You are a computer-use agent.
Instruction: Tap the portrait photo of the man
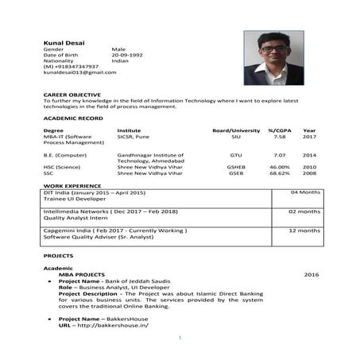click(x=273, y=57)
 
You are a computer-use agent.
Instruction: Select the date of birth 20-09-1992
click(x=126, y=54)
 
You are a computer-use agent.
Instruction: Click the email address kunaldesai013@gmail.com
click(x=79, y=72)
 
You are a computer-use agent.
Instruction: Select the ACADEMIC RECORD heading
click(x=72, y=118)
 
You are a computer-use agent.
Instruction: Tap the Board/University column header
click(x=235, y=130)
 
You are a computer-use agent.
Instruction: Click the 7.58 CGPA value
click(x=279, y=137)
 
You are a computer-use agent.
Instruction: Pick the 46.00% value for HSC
click(x=279, y=167)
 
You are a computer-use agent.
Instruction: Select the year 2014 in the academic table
click(x=309, y=155)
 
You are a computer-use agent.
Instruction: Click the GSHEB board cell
click(x=235, y=167)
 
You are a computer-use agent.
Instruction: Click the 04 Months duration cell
click(x=305, y=193)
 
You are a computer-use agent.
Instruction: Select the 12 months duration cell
click(x=304, y=230)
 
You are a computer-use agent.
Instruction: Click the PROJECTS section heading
click(x=57, y=256)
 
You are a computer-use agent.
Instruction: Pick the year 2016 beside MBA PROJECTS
click(x=311, y=274)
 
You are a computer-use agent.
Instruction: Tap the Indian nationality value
click(x=120, y=60)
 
